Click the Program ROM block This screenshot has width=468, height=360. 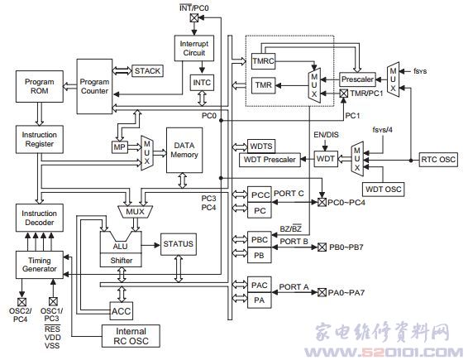click(x=40, y=86)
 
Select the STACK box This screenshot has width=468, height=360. click(x=147, y=71)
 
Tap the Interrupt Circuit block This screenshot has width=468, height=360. click(x=194, y=48)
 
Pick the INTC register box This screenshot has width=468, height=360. click(x=202, y=83)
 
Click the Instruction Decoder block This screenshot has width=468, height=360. click(x=40, y=218)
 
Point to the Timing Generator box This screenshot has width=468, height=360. click(x=40, y=265)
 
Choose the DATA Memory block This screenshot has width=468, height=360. click(x=184, y=150)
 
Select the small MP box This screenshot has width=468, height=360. click(x=119, y=147)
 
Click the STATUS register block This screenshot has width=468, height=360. click(x=179, y=244)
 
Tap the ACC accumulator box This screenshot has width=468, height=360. click(x=122, y=311)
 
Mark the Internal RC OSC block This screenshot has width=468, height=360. click(x=131, y=336)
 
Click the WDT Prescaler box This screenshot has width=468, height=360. click(x=270, y=160)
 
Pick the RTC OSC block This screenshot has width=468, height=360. click(x=438, y=160)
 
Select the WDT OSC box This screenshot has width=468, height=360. click(x=384, y=190)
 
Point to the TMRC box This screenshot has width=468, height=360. click(x=263, y=61)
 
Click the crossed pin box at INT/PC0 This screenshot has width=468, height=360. click(x=194, y=18)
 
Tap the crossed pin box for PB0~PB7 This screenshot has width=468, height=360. click(x=322, y=247)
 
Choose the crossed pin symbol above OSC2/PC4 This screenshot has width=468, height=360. click(x=21, y=302)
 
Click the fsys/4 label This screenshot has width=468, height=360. click(x=382, y=130)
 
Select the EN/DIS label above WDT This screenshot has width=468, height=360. click(x=326, y=135)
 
